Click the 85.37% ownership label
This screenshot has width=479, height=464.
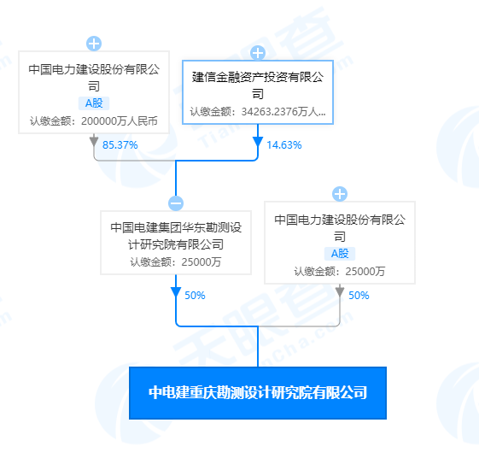point(120,145)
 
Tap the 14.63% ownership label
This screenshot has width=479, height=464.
point(284,145)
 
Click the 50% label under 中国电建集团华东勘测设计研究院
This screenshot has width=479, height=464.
point(195,296)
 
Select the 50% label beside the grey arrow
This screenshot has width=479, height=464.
point(359,296)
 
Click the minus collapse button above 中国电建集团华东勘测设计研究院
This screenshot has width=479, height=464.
point(176,203)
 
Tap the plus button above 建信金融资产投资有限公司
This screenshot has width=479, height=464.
point(258,53)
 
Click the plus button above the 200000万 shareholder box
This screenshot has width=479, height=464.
point(94,44)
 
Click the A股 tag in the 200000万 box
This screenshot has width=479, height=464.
point(94,103)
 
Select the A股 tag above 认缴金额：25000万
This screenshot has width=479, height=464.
point(340,254)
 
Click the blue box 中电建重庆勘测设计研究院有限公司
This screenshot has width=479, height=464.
point(258,393)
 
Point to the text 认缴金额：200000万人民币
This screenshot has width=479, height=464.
point(94,121)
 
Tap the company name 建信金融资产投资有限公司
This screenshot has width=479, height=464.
point(258,85)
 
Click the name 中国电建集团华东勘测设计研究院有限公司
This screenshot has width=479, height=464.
point(176,236)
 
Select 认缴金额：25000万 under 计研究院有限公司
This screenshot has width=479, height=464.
point(176,262)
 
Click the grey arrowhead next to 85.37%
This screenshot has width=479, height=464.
point(94,142)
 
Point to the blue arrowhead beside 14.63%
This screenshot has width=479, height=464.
point(258,142)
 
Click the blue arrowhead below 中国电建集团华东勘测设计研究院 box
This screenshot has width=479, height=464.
point(176,292)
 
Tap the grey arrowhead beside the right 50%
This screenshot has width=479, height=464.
point(340,292)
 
